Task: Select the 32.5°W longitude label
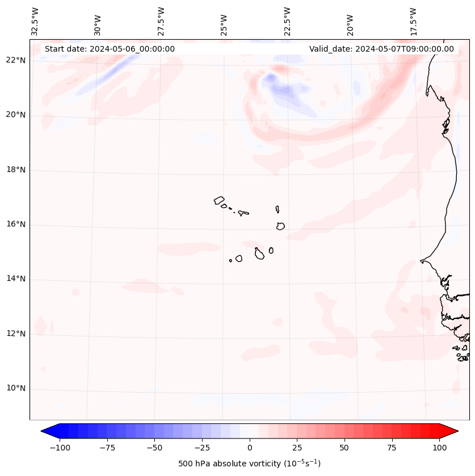(35, 22)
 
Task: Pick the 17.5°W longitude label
(414, 22)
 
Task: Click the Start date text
(110, 49)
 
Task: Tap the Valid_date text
(381, 49)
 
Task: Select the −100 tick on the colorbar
(60, 448)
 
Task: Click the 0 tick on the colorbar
(250, 448)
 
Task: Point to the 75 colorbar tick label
(392, 448)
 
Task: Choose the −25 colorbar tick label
(202, 448)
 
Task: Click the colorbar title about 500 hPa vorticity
(249, 464)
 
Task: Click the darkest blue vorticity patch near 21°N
(271, 78)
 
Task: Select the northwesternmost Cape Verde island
(219, 200)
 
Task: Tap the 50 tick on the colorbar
(344, 448)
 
